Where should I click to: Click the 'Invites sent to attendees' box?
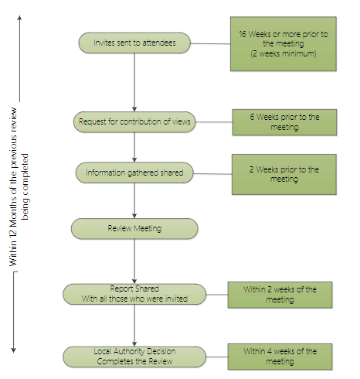pyautogui.click(x=135, y=43)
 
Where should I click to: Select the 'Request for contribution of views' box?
pyautogui.click(x=135, y=121)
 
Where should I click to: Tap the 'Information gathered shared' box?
pyautogui.click(x=135, y=172)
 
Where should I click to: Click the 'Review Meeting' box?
pyautogui.click(x=135, y=228)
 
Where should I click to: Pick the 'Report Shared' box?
pyautogui.click(x=135, y=294)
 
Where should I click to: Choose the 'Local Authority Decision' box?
pyautogui.click(x=135, y=356)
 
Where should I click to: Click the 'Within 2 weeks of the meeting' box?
pyautogui.click(x=280, y=294)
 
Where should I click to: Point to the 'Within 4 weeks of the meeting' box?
pyautogui.click(x=280, y=356)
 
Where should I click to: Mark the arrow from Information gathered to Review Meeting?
pyautogui.click(x=135, y=200)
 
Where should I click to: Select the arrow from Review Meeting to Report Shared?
pyautogui.click(x=135, y=261)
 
